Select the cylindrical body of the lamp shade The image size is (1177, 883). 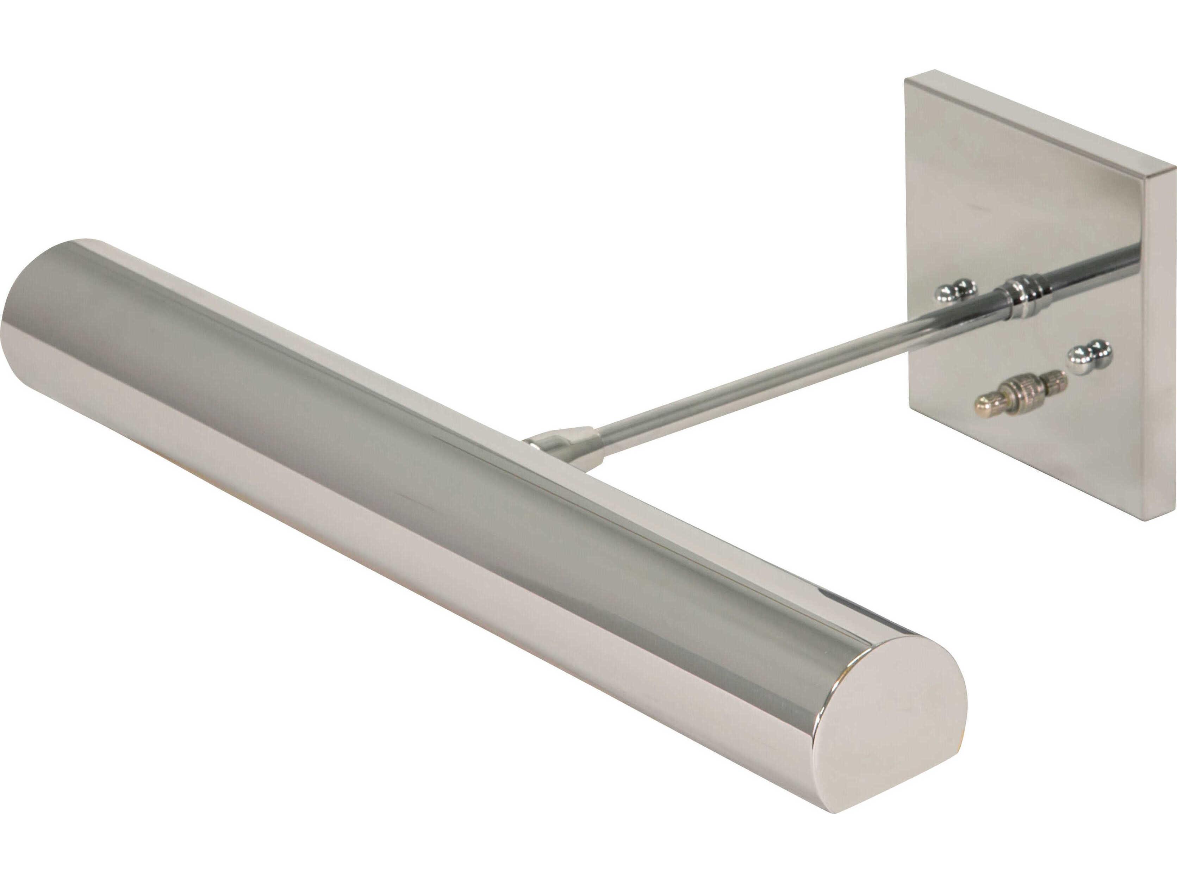426,479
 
